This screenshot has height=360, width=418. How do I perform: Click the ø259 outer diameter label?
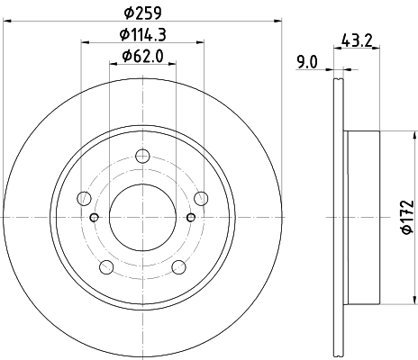pyautogui.click(x=141, y=13)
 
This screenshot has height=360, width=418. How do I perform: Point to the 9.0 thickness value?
pyautogui.click(x=306, y=61)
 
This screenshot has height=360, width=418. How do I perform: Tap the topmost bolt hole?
pyautogui.click(x=141, y=158)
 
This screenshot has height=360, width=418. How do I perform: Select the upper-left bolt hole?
pyautogui.click(x=86, y=198)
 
